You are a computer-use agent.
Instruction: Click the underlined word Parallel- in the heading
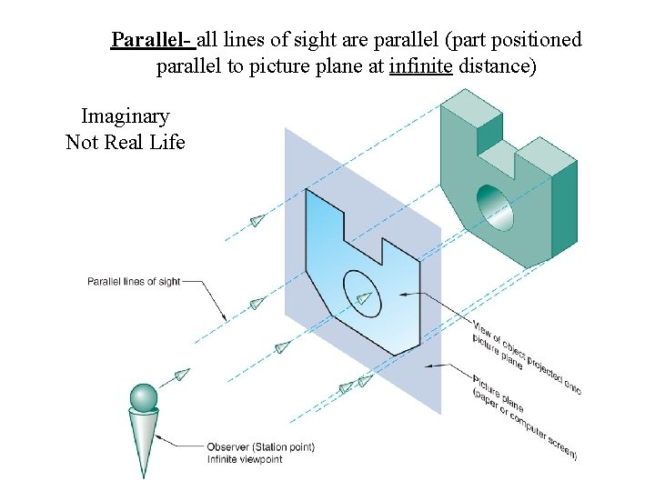click(151, 41)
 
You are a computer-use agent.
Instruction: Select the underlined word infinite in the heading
click(420, 66)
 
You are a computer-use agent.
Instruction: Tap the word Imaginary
click(125, 116)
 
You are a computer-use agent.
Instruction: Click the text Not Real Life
click(125, 142)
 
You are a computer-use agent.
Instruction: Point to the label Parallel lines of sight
click(134, 282)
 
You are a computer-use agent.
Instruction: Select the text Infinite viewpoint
click(245, 459)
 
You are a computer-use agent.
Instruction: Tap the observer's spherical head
click(144, 397)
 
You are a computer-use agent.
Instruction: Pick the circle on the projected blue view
click(362, 294)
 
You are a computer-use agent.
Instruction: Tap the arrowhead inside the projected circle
click(365, 297)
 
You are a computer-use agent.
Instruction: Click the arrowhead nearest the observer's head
click(181, 375)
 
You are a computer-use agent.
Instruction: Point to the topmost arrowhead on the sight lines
click(257, 220)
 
